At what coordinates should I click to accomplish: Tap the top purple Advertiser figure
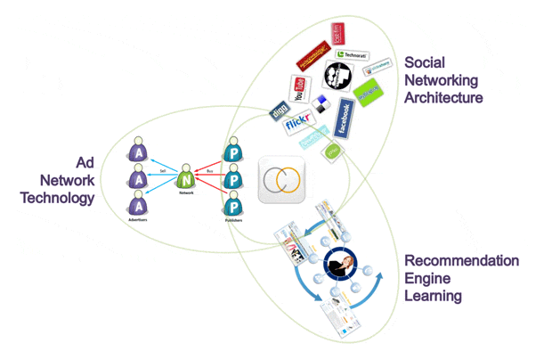point(138,149)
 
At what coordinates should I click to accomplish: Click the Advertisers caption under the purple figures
point(138,220)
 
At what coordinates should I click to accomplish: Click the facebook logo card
point(344,118)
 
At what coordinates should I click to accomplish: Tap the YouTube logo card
point(300,89)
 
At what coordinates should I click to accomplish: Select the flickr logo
point(300,125)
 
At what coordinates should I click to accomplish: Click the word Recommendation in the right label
point(461,261)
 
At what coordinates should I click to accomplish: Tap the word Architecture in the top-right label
point(443,97)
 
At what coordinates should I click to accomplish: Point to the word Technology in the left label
point(58,197)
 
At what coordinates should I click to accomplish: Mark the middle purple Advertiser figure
point(138,178)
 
